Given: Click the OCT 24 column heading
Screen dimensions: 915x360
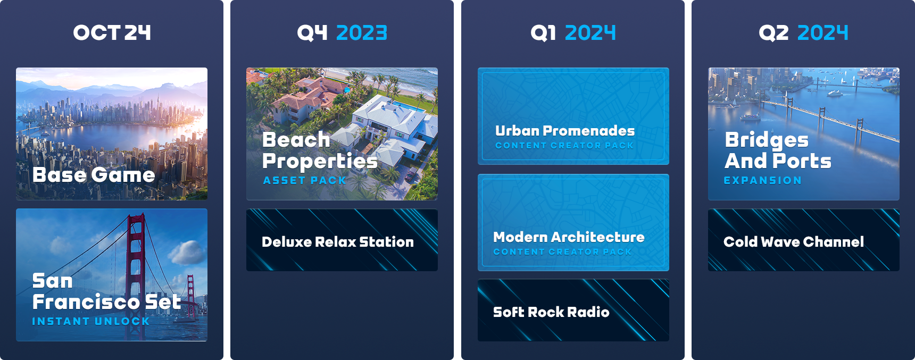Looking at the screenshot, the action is point(112,33).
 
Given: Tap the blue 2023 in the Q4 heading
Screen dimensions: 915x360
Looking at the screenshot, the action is point(362,33).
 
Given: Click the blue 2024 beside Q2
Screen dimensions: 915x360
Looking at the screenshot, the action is point(822,33).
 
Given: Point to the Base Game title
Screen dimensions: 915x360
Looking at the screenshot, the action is point(94,175).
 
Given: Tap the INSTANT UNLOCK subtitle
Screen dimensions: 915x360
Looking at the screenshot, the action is point(91,321).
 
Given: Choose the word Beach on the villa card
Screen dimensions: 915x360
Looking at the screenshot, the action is point(296,140).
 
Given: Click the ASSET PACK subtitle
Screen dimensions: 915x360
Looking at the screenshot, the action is point(305,180).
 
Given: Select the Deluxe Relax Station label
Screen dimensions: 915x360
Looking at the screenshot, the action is point(338,242).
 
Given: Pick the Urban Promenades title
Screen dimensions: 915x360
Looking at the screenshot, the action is point(565,131).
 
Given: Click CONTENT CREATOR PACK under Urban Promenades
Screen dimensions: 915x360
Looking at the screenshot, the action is point(564,145).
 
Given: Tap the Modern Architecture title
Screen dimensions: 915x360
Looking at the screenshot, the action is point(569,237).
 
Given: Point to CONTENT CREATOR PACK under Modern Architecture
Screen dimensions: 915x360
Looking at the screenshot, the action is point(562,252).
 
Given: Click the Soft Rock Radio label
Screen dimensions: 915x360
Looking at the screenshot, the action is point(551,312).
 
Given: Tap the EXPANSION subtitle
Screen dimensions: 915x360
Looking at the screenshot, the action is point(763,180).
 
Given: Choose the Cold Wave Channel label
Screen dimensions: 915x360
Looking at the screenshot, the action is point(794,242).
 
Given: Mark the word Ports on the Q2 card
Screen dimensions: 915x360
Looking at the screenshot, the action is point(802,161).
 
